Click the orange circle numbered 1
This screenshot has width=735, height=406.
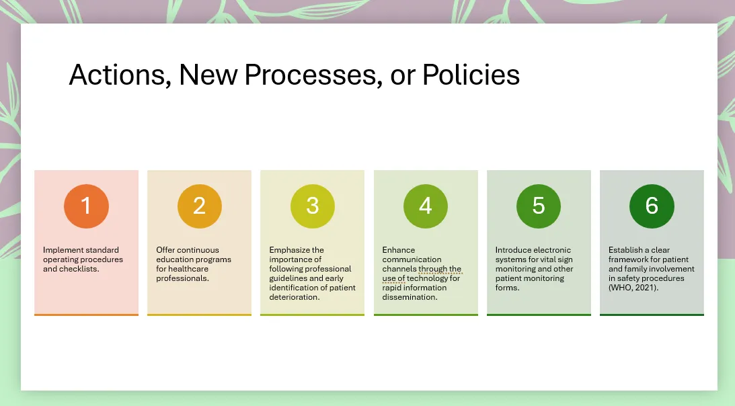(x=86, y=206)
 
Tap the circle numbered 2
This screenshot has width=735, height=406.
(x=199, y=206)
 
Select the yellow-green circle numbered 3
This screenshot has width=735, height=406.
(x=313, y=206)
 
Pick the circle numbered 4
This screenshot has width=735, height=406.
(x=426, y=206)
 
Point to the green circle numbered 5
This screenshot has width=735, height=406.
(x=539, y=206)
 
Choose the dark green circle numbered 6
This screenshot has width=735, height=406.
(x=652, y=206)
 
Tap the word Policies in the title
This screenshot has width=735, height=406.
(x=471, y=75)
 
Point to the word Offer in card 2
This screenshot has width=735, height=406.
(x=165, y=250)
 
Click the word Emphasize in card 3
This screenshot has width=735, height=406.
(x=289, y=250)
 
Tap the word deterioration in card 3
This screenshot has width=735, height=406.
(x=295, y=296)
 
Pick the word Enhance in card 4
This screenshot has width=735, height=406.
(x=399, y=250)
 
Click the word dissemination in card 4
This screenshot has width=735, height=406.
(x=410, y=296)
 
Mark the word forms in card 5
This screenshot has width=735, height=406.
(x=507, y=288)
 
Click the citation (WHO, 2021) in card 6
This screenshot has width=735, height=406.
(x=633, y=288)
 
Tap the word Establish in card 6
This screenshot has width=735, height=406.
(x=626, y=250)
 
